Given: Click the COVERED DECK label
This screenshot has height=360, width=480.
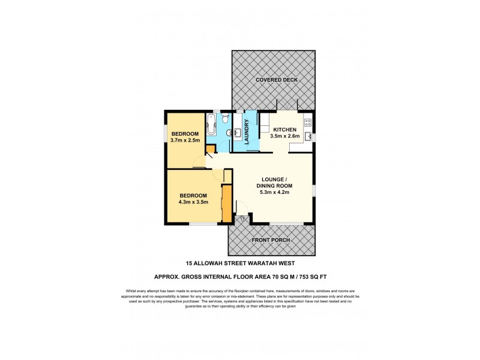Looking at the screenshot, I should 276,80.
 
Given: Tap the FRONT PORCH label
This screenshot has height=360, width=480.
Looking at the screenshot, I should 272,240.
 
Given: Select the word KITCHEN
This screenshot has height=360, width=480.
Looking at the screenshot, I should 285,130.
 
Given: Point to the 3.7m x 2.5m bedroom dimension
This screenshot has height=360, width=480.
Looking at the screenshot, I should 185,140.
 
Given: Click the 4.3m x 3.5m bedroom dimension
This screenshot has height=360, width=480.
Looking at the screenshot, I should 193,202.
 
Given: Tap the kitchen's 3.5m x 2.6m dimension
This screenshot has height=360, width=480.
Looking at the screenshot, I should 285,136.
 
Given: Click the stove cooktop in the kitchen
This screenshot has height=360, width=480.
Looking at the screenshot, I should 308,122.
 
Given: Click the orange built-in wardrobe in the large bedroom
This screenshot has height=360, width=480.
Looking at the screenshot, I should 227,204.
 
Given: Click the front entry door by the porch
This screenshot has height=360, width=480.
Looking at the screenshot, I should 242,211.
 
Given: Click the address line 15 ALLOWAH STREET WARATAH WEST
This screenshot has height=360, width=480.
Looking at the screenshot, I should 240,263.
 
